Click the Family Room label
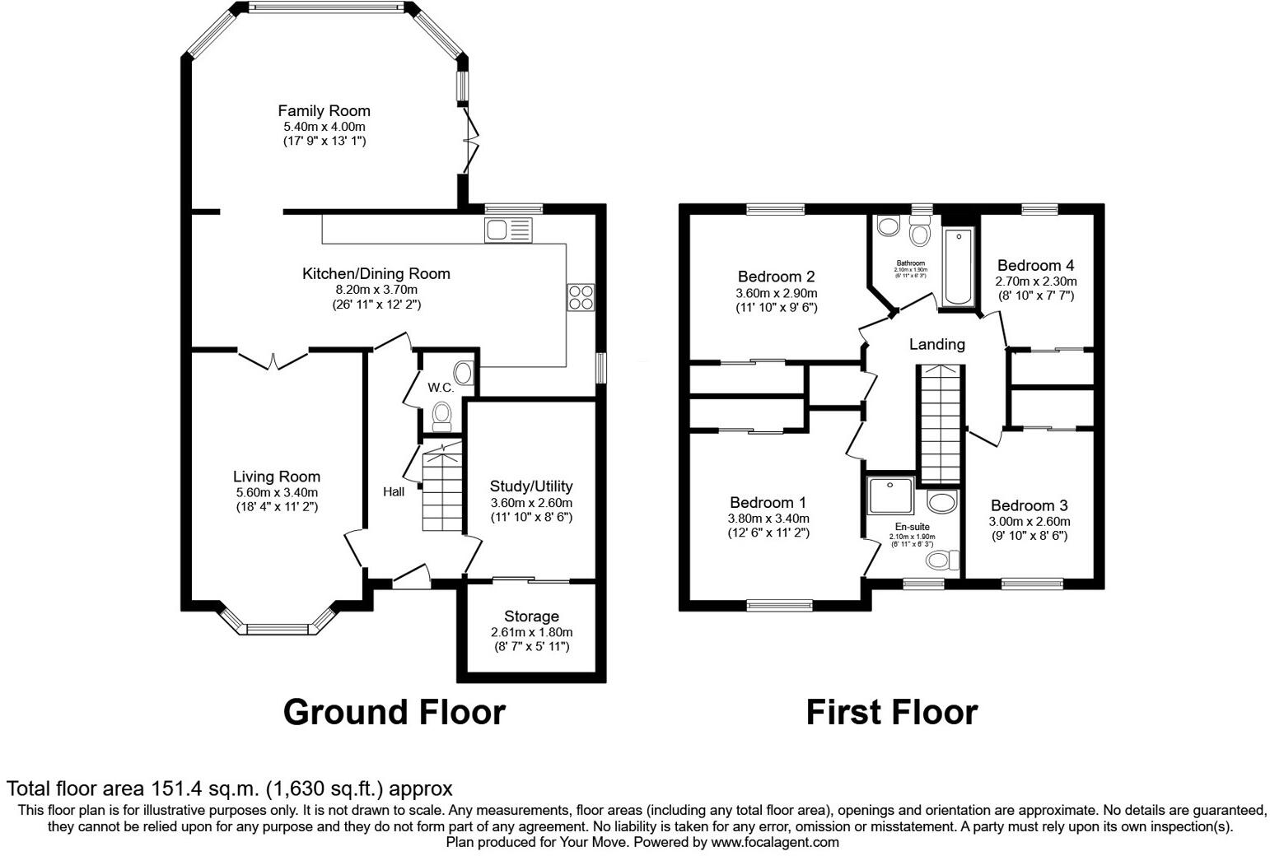[x=324, y=111]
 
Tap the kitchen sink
[x=508, y=230]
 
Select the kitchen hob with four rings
[x=581, y=297]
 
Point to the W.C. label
[x=440, y=388]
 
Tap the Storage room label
[x=531, y=616]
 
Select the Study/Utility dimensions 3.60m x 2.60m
[x=531, y=503]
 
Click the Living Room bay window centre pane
[x=276, y=630]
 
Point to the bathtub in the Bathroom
[x=958, y=267]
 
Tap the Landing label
[x=936, y=345]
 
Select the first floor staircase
[x=940, y=424]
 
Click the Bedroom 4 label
[x=1035, y=266]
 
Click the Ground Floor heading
[x=394, y=712]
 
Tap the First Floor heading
[x=891, y=712]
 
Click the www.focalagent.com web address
[x=775, y=842]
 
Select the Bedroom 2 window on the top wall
[x=776, y=209]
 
